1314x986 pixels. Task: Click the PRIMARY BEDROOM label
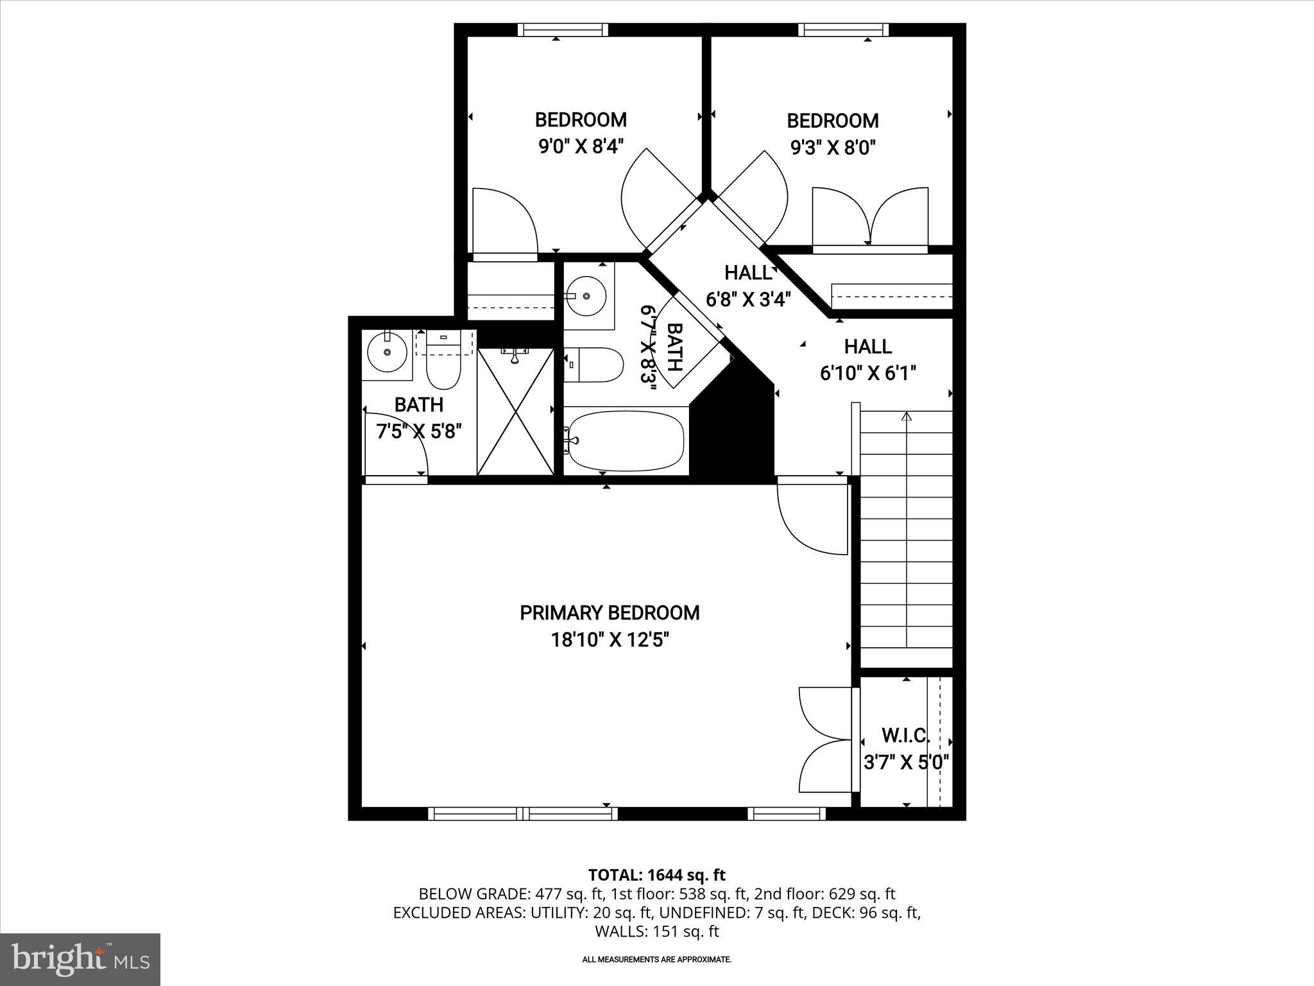pos(609,613)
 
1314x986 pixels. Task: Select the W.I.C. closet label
pos(905,734)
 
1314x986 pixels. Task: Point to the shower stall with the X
pos(515,411)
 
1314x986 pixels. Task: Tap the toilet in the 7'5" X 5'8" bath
pos(444,366)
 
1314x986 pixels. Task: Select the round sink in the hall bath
pos(587,296)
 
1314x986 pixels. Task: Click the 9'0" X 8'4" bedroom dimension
pos(581,147)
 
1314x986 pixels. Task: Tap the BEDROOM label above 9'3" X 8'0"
pos(832,121)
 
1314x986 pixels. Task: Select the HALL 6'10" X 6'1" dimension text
pos(867,373)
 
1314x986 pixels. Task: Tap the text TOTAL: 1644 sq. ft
pos(656,875)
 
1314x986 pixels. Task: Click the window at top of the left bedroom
pos(562,30)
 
